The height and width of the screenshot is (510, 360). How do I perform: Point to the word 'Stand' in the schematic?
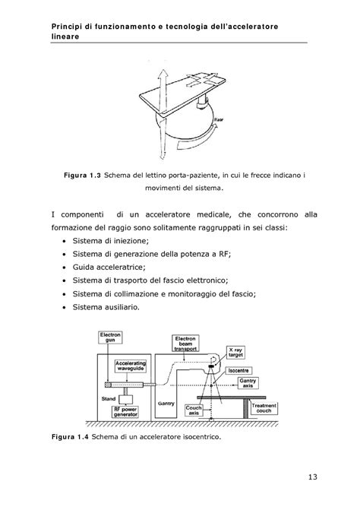click(109, 395)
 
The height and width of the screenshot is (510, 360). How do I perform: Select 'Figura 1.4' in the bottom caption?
click(70, 439)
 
